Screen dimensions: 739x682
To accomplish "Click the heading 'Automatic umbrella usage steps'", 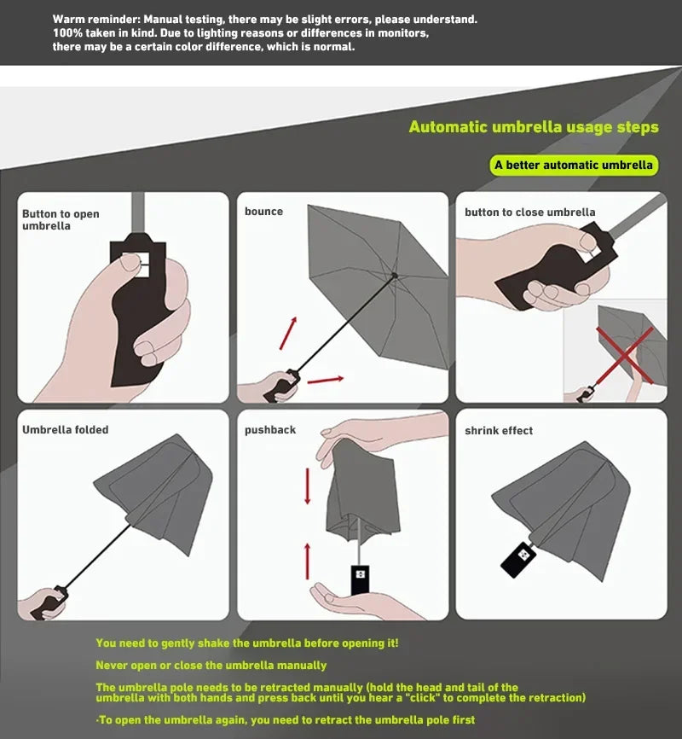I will click(x=534, y=127).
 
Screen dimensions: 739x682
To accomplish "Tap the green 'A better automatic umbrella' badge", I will click(x=574, y=165).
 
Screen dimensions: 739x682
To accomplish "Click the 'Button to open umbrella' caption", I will click(x=61, y=220).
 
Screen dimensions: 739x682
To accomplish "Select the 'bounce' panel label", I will click(x=263, y=212).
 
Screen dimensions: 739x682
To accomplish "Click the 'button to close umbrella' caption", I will click(x=529, y=212).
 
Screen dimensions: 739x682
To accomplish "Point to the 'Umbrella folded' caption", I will click(x=65, y=430).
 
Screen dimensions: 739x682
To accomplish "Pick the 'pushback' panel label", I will click(x=270, y=430).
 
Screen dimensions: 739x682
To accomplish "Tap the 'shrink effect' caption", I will click(x=499, y=431).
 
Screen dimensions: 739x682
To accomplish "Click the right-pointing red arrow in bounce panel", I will click(x=326, y=379).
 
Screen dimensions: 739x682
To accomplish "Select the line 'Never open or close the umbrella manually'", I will click(x=211, y=665).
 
